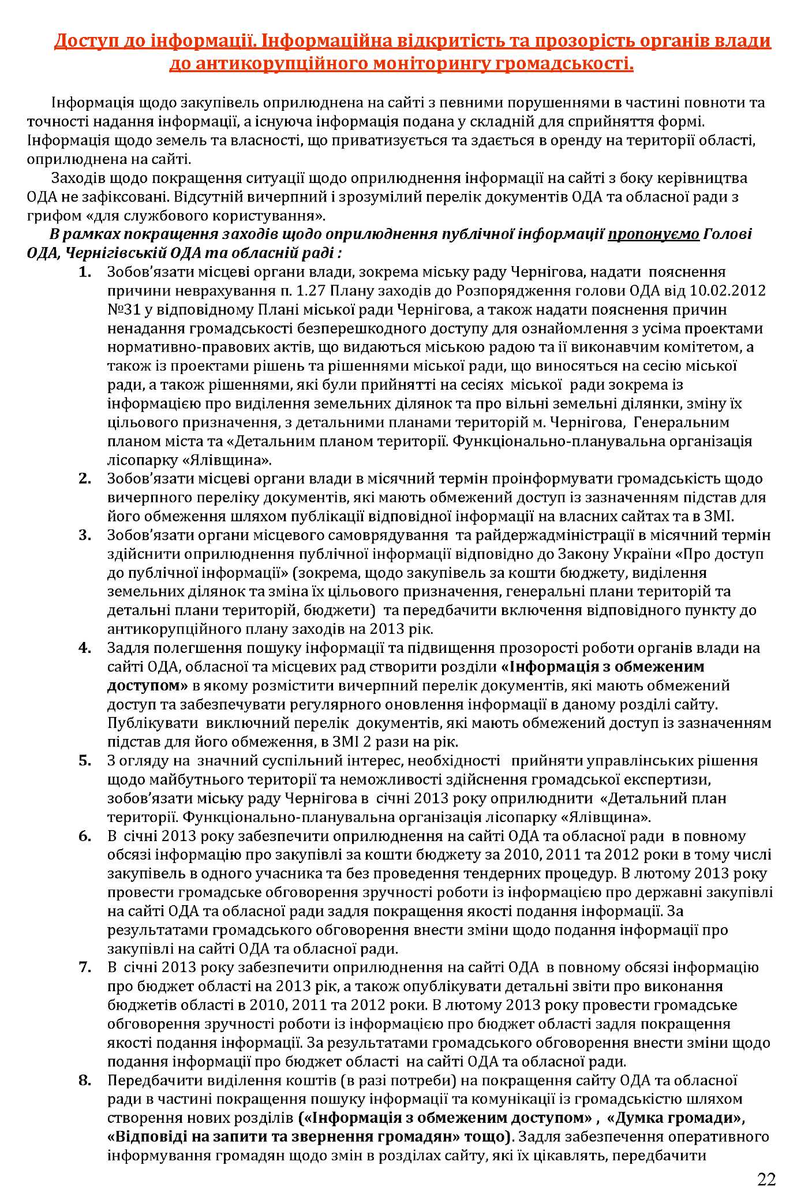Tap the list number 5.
tap(85, 761)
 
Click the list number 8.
tap(85, 1080)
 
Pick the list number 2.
tap(85, 479)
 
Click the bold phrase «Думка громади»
tap(675, 1118)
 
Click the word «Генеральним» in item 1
tap(682, 423)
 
